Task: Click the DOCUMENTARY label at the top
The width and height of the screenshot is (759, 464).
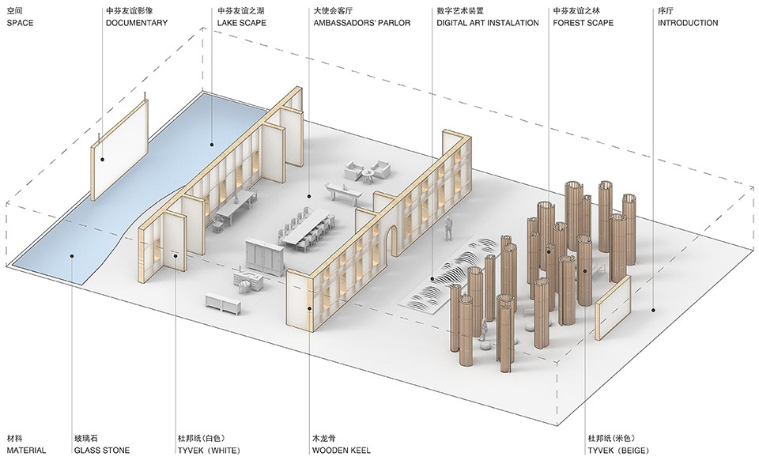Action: [x=137, y=23]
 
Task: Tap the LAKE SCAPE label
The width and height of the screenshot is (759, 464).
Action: [x=242, y=23]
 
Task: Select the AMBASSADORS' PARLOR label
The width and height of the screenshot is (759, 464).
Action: [x=361, y=23]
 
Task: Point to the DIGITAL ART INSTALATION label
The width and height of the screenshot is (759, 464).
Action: [x=488, y=23]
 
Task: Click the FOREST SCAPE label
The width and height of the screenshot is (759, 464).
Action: [x=583, y=23]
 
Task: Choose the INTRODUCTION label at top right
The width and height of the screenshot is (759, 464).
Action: [x=688, y=23]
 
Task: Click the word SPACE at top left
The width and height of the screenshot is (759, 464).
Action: [x=20, y=23]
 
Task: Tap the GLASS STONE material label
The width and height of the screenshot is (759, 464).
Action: [x=102, y=451]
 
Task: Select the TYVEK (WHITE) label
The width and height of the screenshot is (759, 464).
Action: [x=209, y=451]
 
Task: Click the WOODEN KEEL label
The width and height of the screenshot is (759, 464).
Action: [x=342, y=451]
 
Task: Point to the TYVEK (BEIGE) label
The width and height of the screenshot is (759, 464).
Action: [x=618, y=451]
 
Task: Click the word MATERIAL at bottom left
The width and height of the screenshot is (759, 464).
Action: [x=26, y=451]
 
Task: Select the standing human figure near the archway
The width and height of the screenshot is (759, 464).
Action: [x=449, y=228]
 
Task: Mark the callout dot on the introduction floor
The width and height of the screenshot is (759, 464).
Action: [x=653, y=310]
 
